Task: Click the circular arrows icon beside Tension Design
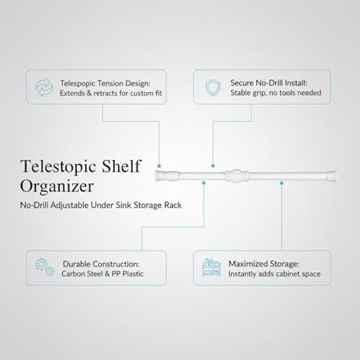coord(44,87)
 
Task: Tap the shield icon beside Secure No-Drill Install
coord(213,88)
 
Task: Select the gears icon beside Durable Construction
coord(45,267)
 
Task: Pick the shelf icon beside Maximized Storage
coord(211,267)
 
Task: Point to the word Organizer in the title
coord(57,186)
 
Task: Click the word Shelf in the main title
coord(121,166)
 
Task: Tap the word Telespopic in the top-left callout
coord(76,84)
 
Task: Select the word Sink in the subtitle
coord(123,205)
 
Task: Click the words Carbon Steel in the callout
coord(82,274)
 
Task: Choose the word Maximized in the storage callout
coord(248,264)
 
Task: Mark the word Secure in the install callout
coord(242,83)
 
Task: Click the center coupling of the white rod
coord(237,176)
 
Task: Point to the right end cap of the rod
coord(332,176)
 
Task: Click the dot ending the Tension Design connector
coord(159,166)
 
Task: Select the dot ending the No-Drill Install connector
coord(213,166)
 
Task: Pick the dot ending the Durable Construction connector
coord(204,183)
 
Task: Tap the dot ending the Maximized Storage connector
coord(282,183)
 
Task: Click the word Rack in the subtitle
coord(173,205)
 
